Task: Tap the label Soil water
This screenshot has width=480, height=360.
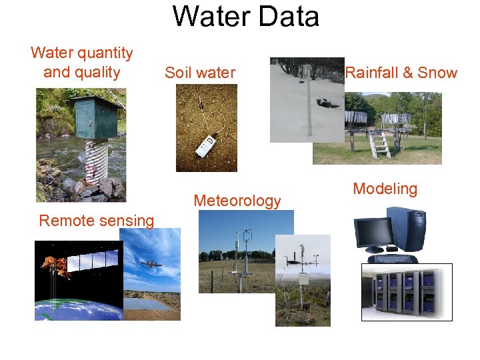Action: (200, 73)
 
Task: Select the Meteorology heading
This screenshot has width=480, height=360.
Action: (237, 201)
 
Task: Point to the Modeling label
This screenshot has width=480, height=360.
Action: (385, 189)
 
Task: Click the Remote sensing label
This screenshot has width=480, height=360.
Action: (97, 221)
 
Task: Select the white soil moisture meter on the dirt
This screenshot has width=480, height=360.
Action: (207, 146)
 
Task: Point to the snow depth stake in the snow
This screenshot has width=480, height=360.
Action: (308, 100)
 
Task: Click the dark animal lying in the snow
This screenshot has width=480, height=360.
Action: (327, 103)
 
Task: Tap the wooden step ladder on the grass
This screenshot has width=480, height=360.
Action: (380, 143)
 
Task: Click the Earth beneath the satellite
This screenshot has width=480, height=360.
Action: (73, 310)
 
